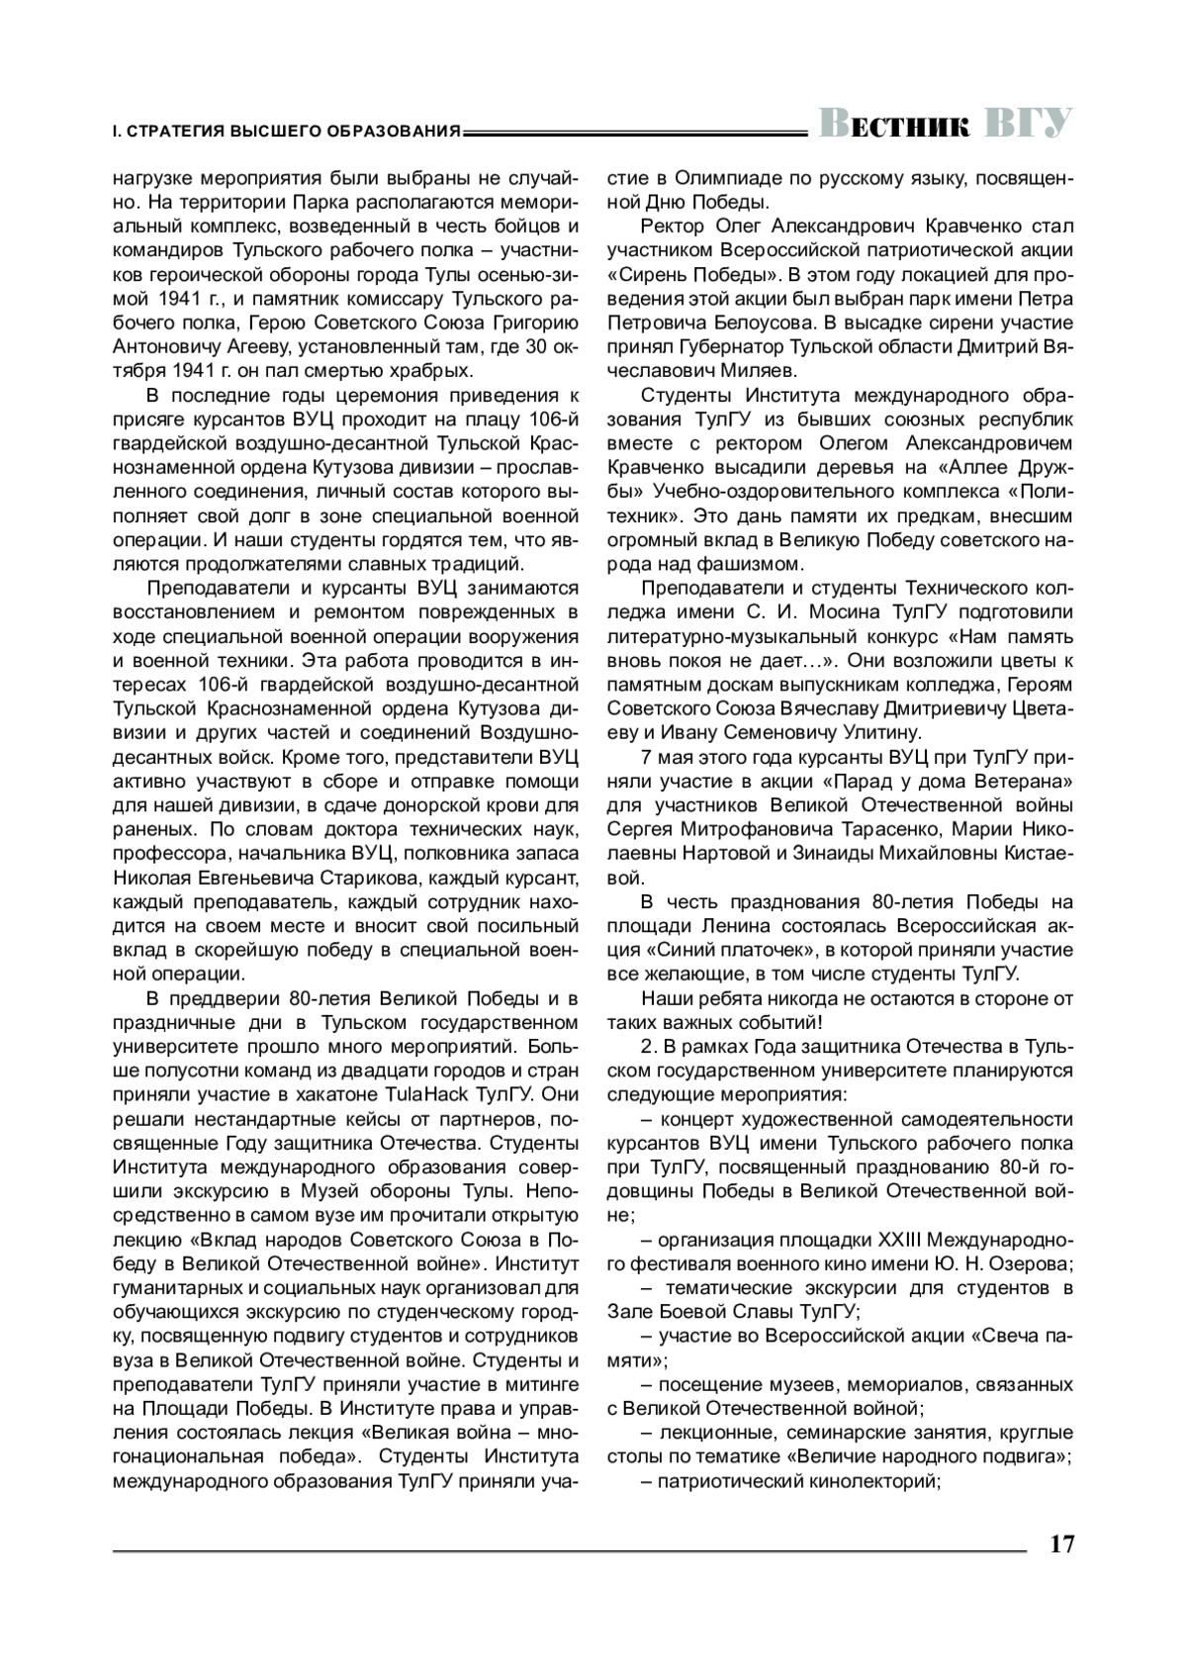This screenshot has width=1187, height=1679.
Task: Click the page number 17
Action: click(x=1061, y=1544)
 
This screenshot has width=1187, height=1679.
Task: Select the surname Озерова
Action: click(x=1023, y=1263)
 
